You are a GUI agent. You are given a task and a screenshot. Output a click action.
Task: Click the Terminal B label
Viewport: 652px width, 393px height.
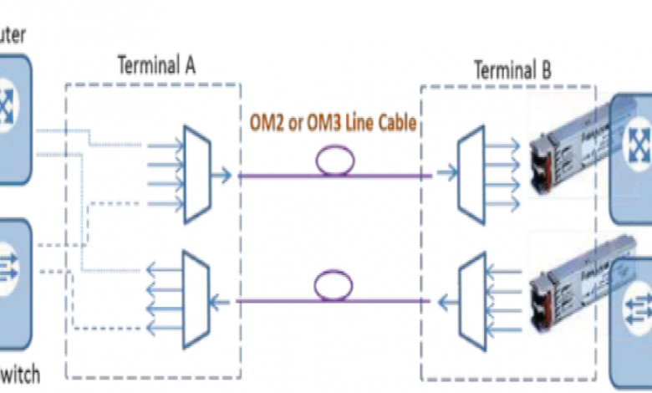[512, 69]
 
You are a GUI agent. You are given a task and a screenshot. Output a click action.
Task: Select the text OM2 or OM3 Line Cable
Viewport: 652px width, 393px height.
[333, 123]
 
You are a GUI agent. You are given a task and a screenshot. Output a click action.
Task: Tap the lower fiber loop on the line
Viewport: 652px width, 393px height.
[334, 287]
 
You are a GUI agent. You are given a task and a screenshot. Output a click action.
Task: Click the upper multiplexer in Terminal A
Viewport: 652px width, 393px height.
[197, 174]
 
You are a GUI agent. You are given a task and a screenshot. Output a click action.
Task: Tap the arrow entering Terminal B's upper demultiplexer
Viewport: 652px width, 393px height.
[446, 176]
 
